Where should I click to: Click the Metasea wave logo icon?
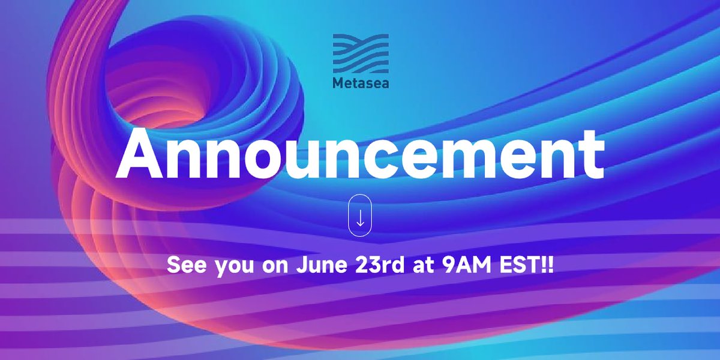point(361,53)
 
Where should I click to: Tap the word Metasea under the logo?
point(361,83)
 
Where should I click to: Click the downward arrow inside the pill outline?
point(361,219)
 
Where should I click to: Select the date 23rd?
point(371,265)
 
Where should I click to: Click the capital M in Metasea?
point(337,83)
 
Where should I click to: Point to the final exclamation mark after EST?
point(549,265)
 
